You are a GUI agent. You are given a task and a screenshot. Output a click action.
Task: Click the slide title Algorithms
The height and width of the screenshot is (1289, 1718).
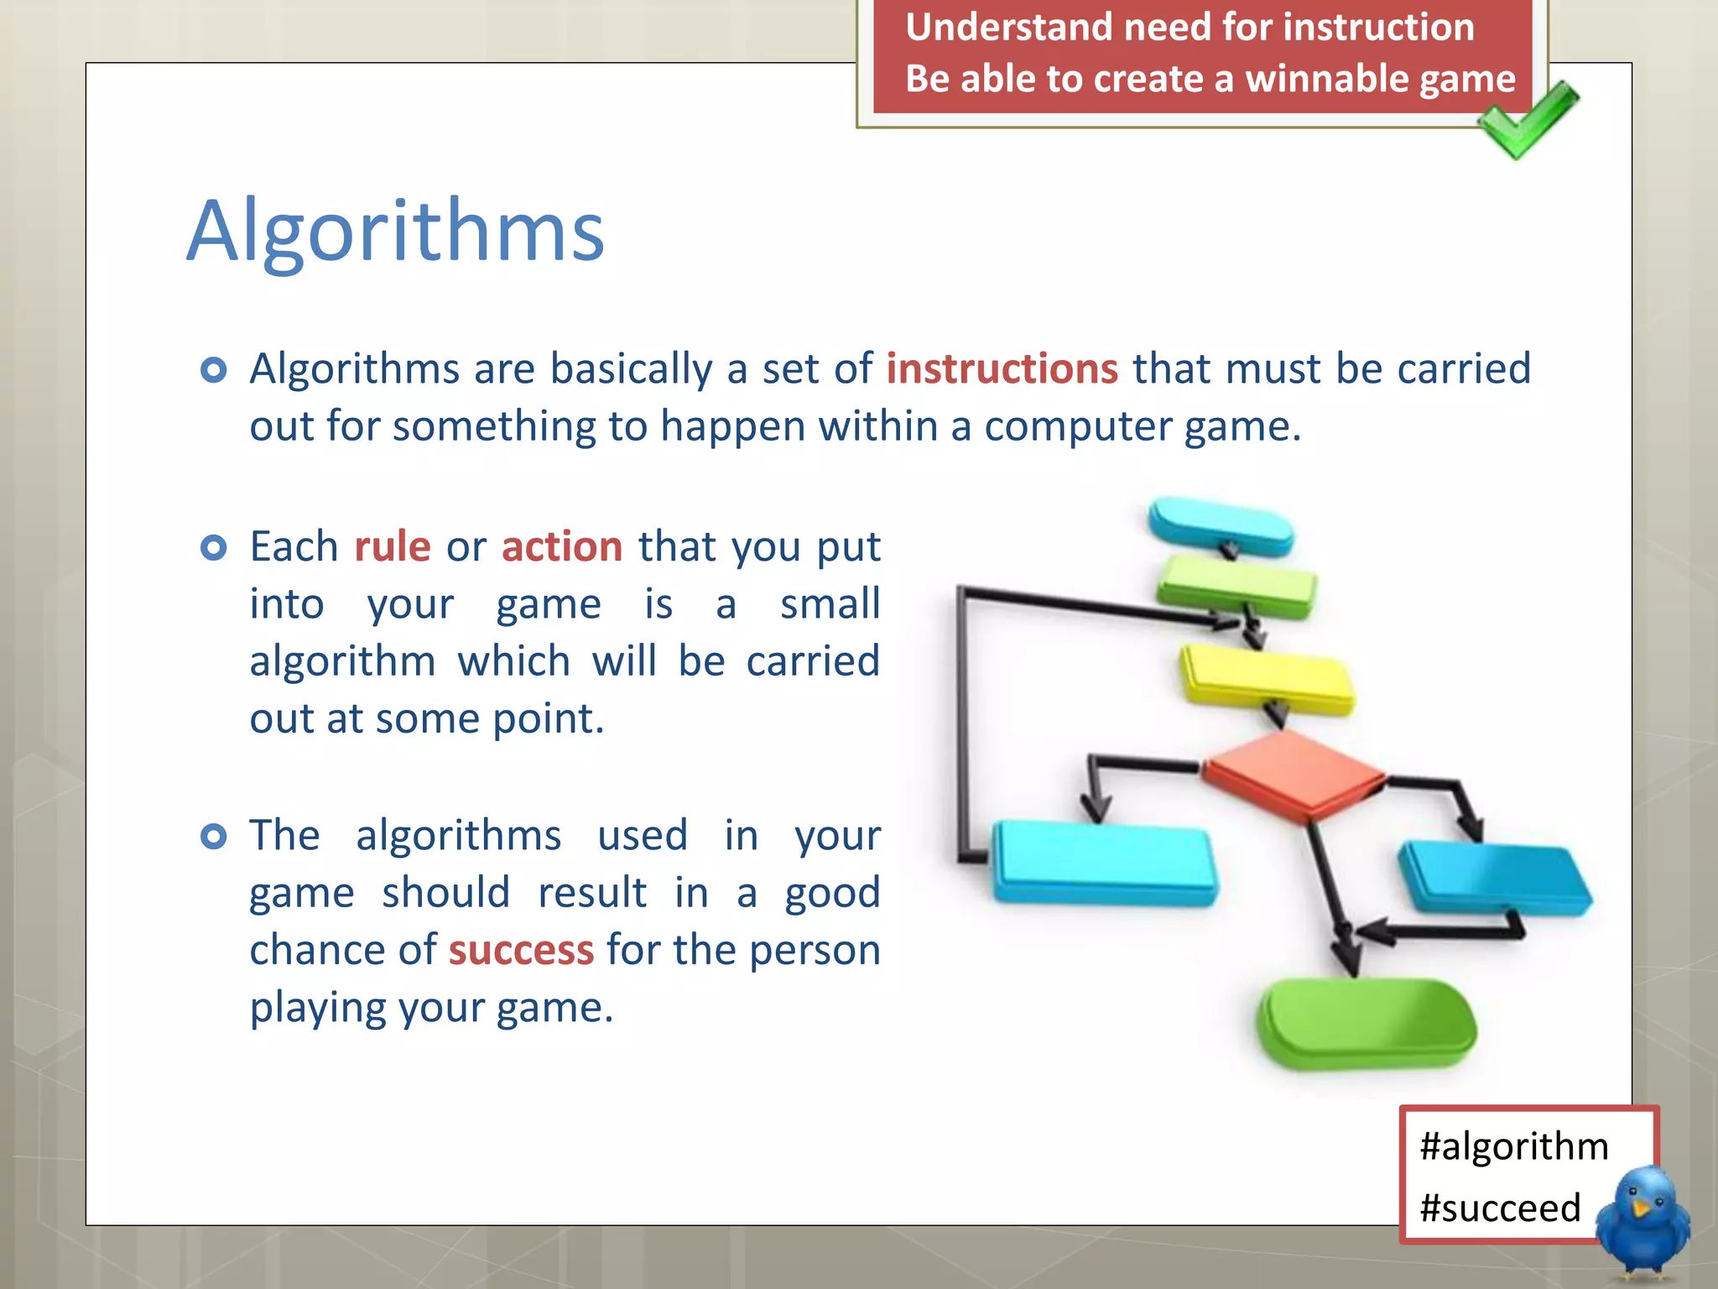(395, 231)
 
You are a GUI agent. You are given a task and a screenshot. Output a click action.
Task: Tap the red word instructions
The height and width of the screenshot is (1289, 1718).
(1002, 369)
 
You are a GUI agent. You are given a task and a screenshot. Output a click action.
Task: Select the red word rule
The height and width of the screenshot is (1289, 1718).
(392, 547)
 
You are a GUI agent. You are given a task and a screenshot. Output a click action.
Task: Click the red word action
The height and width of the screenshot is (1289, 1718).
(562, 547)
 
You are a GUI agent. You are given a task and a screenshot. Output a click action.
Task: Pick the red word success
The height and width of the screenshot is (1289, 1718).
(521, 950)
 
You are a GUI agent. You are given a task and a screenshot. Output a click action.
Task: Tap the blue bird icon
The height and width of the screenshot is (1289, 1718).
(1643, 1221)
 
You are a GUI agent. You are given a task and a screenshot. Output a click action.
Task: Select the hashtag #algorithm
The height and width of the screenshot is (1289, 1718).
(1513, 1146)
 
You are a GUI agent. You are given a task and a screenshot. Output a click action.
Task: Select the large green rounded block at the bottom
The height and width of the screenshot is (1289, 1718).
(1366, 1024)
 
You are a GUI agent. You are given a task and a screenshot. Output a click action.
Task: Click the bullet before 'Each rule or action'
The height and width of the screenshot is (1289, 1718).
(214, 548)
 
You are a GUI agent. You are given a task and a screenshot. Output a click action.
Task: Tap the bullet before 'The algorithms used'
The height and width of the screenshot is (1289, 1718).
(214, 837)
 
